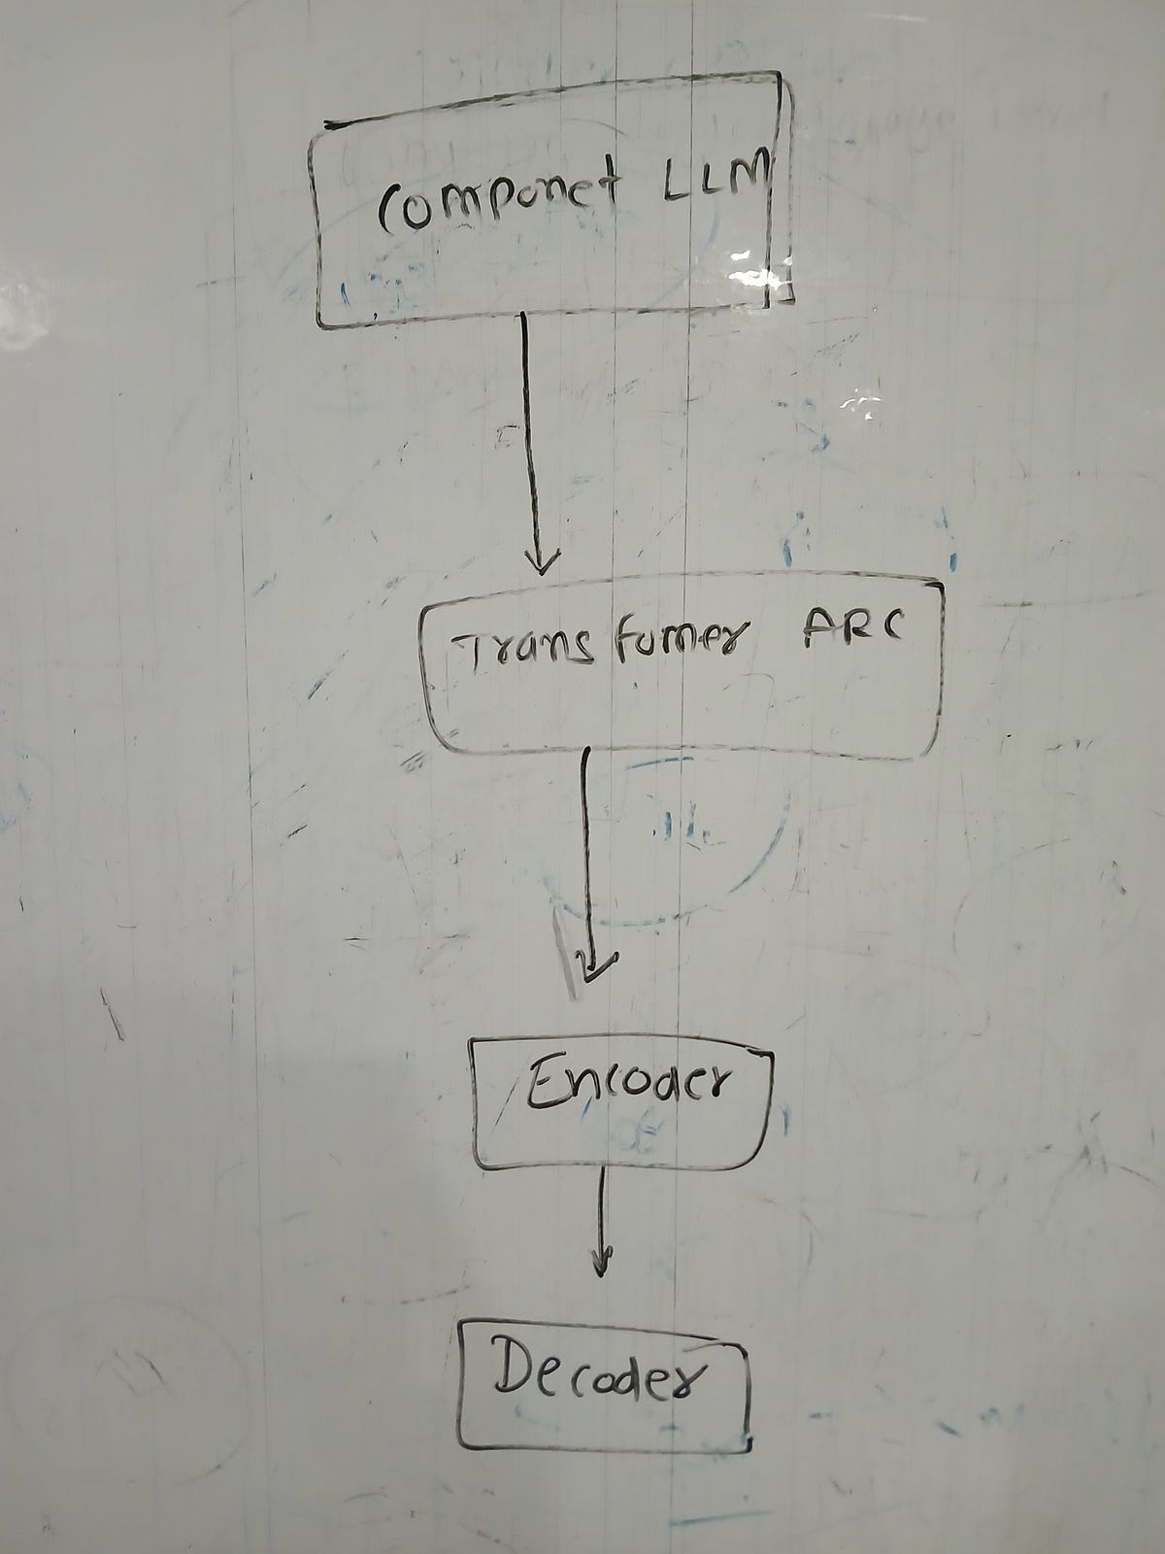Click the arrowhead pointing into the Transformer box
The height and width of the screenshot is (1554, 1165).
click(541, 562)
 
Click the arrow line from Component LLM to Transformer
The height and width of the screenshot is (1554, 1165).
click(529, 437)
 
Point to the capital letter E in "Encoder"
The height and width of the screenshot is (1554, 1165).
click(540, 1087)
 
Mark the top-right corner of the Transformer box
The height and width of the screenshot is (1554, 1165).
click(940, 587)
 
